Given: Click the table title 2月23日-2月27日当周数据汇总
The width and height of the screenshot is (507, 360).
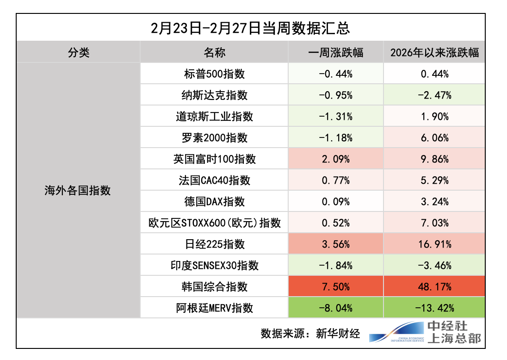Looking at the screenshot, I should click(x=250, y=28).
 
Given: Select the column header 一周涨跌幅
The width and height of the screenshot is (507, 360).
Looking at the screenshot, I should click(x=335, y=52).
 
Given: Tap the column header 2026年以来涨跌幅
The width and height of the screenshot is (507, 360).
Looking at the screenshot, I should click(x=434, y=52).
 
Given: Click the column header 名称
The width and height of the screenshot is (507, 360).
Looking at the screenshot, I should click(x=214, y=52).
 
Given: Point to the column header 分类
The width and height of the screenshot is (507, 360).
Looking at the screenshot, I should click(x=78, y=52).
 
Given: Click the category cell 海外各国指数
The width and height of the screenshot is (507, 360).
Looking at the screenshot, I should click(x=78, y=190).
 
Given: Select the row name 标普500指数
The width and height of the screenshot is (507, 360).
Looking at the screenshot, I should click(x=214, y=74).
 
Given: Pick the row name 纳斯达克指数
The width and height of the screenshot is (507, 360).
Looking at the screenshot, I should click(x=214, y=95).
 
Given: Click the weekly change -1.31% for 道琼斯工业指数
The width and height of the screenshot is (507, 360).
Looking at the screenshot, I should click(x=335, y=116).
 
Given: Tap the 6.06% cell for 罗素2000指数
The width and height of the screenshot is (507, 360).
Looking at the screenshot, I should click(x=434, y=137).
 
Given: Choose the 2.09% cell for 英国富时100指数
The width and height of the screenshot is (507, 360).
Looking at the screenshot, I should click(x=335, y=159).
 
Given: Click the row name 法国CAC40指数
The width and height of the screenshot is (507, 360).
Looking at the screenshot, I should click(x=214, y=180).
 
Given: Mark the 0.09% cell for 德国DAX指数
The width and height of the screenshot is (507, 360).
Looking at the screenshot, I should click(x=335, y=201).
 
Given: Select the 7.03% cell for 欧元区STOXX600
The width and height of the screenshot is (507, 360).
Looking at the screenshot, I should click(x=434, y=223).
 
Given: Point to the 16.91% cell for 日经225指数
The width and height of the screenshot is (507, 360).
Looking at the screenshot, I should click(x=434, y=244).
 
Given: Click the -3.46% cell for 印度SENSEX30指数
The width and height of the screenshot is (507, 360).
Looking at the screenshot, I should click(x=434, y=265).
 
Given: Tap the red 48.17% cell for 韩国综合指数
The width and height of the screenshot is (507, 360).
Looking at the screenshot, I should click(x=434, y=286).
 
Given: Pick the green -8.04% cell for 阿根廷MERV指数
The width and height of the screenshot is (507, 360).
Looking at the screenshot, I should click(x=335, y=308).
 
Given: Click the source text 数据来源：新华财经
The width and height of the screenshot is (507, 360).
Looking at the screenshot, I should click(x=310, y=333).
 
